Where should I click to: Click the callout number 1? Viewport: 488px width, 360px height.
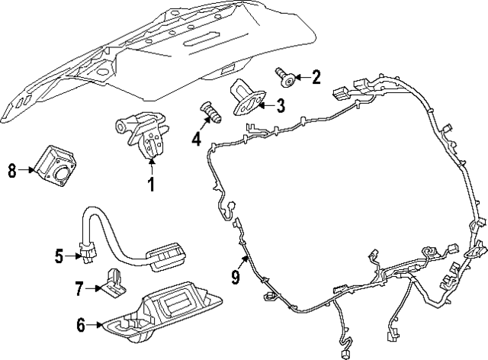tap(151, 184)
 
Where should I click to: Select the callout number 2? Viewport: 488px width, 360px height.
tap(316, 76)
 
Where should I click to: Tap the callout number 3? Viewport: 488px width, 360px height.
tap(281, 106)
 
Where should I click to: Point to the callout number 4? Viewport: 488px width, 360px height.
tap(197, 139)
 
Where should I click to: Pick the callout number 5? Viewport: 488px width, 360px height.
tap(59, 256)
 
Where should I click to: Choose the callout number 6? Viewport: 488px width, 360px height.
tap(80, 325)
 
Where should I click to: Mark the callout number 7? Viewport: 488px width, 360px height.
tap(79, 288)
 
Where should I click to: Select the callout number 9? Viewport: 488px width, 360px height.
tap(235, 278)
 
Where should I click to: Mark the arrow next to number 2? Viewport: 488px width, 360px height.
tap(301, 76)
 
